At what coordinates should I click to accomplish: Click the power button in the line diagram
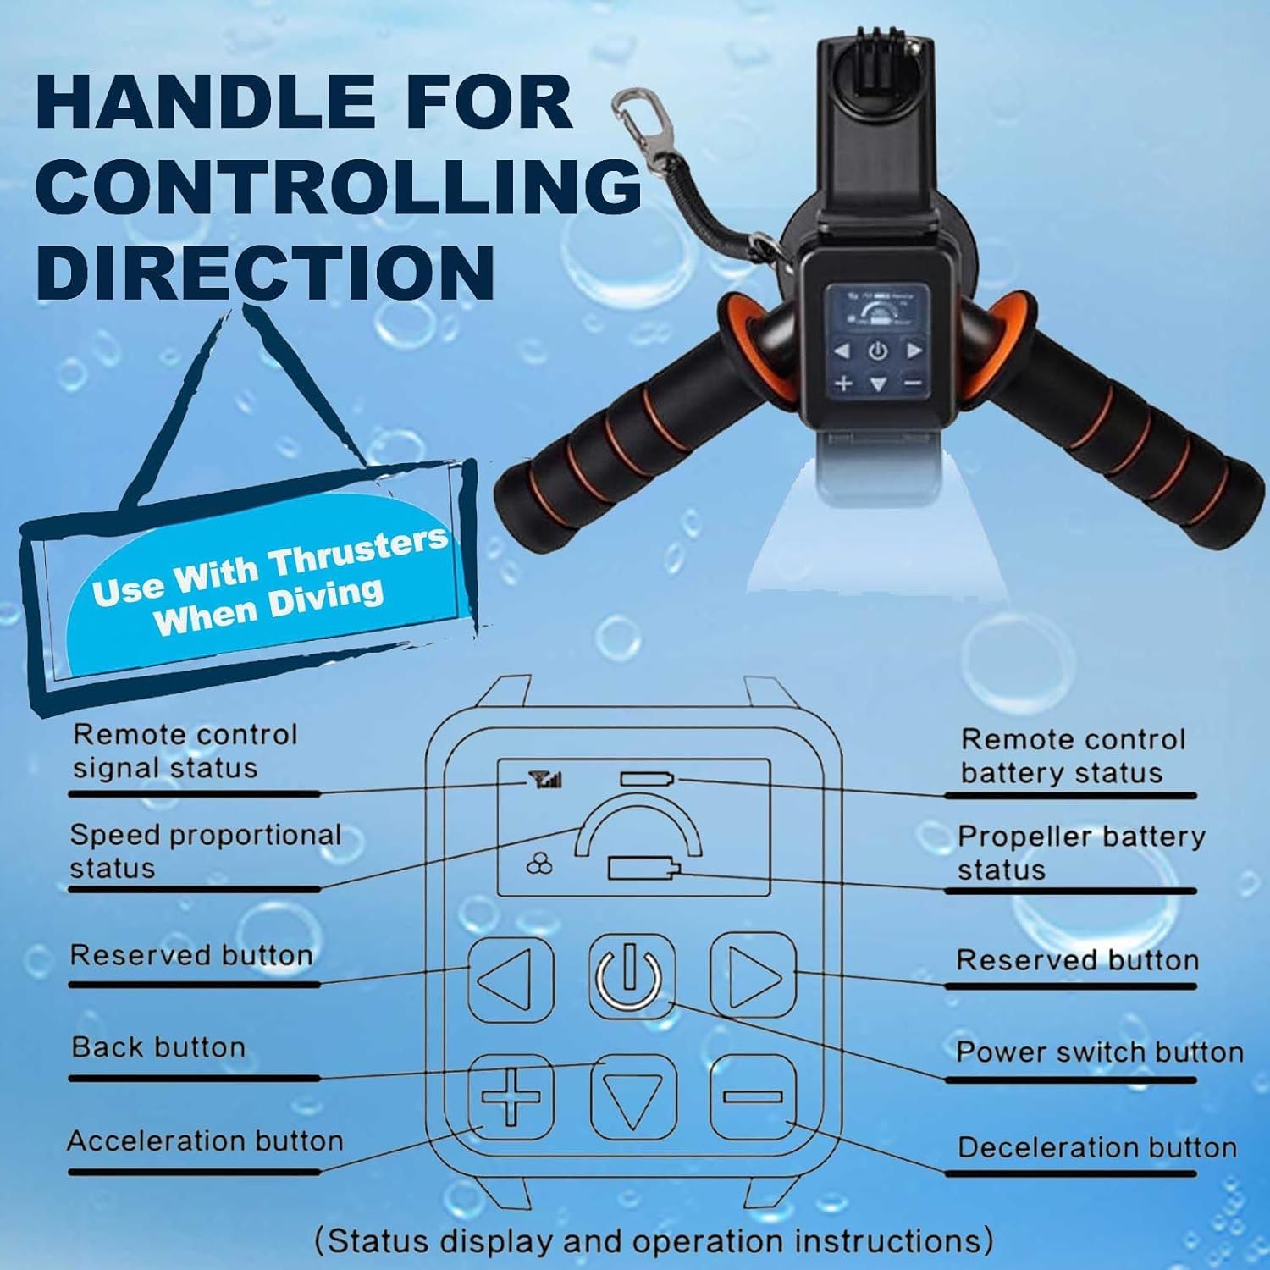[631, 975]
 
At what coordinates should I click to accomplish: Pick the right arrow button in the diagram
[753, 975]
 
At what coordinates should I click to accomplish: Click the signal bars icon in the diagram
[545, 778]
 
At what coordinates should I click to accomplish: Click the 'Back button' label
[158, 1047]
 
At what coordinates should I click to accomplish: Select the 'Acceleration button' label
[205, 1140]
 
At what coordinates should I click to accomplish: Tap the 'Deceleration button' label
[1097, 1147]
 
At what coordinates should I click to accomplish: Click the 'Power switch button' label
[1099, 1052]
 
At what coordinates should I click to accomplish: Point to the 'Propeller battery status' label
[1080, 853]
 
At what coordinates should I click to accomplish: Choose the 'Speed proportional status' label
[205, 851]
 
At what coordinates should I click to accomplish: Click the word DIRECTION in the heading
[265, 271]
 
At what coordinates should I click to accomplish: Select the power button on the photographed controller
[877, 350]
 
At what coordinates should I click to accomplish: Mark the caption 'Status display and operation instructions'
[653, 1241]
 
